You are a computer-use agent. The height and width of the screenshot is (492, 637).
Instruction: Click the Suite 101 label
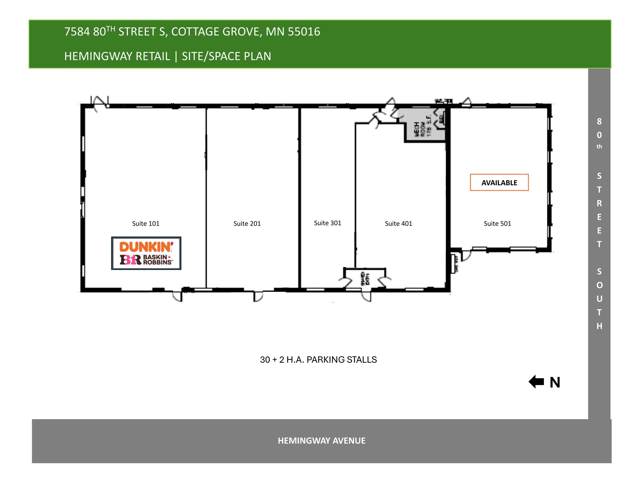tap(146, 223)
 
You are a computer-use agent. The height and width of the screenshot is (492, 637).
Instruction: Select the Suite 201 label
tap(247, 223)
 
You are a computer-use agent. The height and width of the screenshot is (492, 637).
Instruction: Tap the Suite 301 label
tap(328, 223)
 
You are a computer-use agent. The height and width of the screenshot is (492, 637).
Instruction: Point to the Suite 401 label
tap(398, 223)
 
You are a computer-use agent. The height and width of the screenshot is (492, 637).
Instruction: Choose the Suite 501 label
tap(497, 223)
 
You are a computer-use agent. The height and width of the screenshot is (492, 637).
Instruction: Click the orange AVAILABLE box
tap(499, 182)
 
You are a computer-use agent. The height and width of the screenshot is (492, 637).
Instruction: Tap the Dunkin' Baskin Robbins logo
tap(146, 253)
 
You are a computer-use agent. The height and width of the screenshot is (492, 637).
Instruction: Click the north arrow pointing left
tap(536, 382)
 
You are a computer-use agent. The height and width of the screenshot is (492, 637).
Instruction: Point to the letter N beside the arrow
tap(555, 383)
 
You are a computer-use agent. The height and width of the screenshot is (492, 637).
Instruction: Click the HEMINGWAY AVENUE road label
tap(322, 441)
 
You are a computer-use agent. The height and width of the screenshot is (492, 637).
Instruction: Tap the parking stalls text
tap(318, 360)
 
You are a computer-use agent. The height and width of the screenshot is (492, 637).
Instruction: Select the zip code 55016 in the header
tap(304, 32)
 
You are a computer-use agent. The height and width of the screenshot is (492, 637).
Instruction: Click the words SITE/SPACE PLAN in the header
tap(226, 56)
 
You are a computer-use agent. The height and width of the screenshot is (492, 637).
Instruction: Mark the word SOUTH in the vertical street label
tap(599, 299)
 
